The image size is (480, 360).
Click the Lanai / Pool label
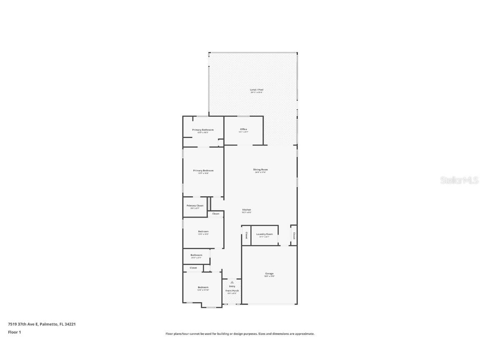pos(257,90)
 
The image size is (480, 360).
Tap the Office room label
pos(243,129)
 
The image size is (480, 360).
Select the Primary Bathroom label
pos(203,130)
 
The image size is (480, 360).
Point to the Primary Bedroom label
pos(203,170)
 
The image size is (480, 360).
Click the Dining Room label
pos(260,170)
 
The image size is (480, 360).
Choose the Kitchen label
pos(247,210)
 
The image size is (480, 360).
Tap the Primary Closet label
pos(195,205)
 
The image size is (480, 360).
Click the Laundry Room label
pos(265,234)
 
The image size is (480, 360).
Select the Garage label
pos(269,274)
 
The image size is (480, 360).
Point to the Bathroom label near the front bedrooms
pos(196,255)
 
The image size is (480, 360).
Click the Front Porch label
pos(232,290)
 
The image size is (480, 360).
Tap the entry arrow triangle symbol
pos(232,282)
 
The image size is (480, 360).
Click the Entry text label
pos(232,286)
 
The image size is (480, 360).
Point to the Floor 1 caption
pos(14,332)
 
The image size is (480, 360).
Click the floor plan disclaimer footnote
pos(240,334)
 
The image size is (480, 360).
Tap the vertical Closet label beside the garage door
pos(294,235)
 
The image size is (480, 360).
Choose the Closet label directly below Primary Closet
pos(216,214)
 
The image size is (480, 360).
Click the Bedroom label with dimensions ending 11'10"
pos(203,287)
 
